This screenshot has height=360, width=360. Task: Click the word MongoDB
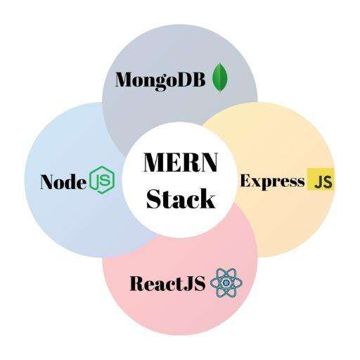[160, 80]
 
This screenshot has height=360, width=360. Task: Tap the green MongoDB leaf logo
[220, 78]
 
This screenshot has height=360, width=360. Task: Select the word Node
[63, 182]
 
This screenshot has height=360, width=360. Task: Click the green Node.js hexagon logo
[103, 180]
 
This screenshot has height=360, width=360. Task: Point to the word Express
[273, 182]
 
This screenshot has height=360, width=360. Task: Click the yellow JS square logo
[321, 179]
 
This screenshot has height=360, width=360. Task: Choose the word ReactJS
[167, 283]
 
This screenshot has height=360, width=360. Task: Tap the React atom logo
[226, 283]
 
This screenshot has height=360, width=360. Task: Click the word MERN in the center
[181, 162]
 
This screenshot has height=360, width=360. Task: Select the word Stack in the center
[181, 198]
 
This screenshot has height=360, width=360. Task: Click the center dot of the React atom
[226, 283]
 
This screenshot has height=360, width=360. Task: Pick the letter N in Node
[49, 182]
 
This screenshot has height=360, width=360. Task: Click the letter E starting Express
[247, 181]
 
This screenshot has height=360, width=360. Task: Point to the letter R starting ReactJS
[139, 283]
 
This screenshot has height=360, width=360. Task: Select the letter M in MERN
[155, 162]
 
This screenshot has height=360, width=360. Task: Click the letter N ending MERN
[207, 162]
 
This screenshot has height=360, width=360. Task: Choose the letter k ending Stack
[207, 198]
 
